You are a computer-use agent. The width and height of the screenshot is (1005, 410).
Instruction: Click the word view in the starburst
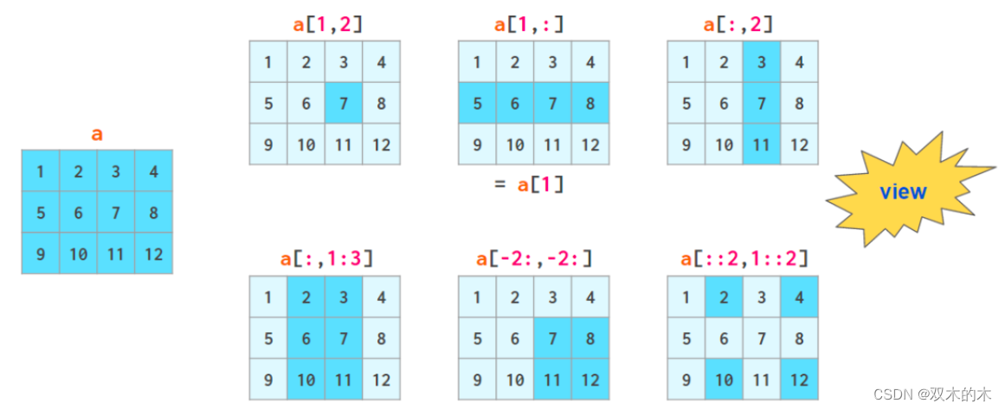click(902, 192)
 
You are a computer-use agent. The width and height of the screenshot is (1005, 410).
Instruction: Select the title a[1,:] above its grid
click(530, 24)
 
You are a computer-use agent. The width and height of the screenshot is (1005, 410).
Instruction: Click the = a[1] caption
click(530, 183)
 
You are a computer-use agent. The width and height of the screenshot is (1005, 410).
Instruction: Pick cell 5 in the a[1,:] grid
click(477, 103)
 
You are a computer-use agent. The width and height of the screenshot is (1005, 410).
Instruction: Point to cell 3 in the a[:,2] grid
click(762, 62)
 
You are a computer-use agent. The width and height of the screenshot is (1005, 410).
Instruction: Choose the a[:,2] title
click(738, 24)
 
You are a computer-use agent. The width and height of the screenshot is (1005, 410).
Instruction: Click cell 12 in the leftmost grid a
click(153, 254)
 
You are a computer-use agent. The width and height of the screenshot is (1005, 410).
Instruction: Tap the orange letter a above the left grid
click(97, 134)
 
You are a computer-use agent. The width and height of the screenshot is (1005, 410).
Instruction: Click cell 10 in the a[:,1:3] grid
click(306, 380)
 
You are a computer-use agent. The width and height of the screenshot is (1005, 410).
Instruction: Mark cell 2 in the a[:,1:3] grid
click(306, 298)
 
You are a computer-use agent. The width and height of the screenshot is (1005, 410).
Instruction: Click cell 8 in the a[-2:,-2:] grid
click(589, 338)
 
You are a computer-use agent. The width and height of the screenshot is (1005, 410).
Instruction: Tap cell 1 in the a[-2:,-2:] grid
click(477, 298)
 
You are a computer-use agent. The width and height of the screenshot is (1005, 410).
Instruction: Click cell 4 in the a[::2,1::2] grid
click(799, 298)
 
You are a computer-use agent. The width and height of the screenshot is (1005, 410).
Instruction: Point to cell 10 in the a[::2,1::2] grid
click(725, 380)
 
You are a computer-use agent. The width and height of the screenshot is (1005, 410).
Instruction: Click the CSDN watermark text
click(931, 394)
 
